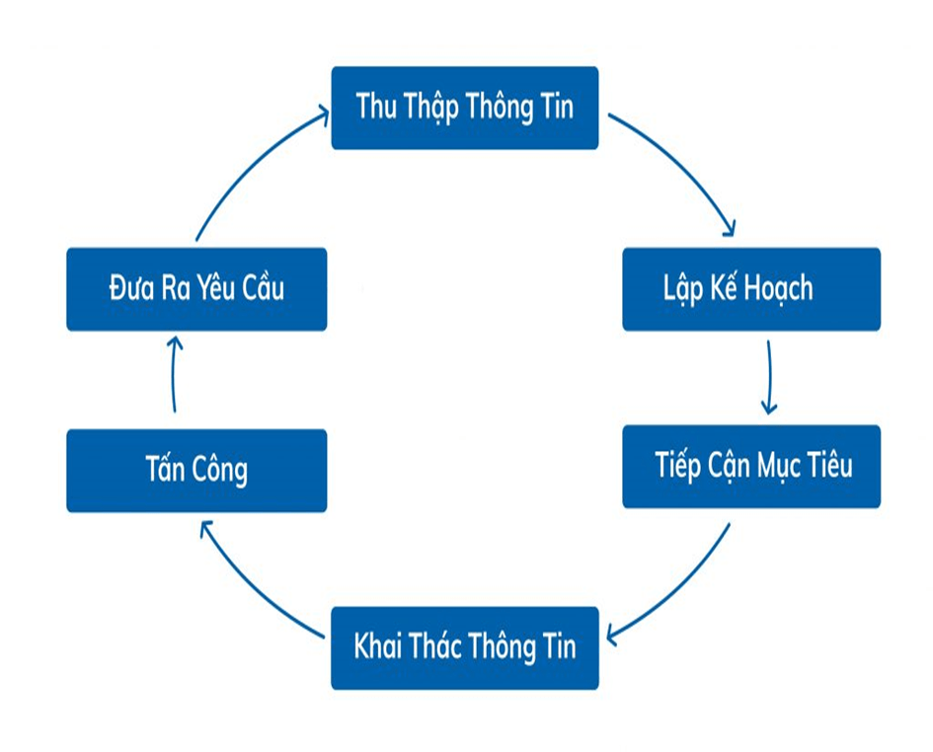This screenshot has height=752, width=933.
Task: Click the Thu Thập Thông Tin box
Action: tap(464, 108)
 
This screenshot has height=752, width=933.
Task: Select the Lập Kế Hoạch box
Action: tap(750, 288)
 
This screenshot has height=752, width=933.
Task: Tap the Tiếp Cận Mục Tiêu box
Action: tap(750, 466)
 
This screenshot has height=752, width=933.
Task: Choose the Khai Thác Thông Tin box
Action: tap(464, 647)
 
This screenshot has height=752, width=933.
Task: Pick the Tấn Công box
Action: tap(195, 470)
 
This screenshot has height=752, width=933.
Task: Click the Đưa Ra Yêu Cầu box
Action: tap(195, 288)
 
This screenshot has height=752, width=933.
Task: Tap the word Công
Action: tap(220, 471)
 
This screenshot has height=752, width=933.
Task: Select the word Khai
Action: tap(378, 647)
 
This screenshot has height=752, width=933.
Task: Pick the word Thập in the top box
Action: tap(431, 108)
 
